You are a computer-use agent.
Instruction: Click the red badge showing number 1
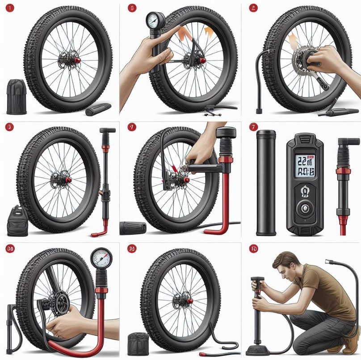tap(10, 8)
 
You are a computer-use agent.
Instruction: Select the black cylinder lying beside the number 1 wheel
tap(98, 109)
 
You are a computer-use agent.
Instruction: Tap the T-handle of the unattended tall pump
tap(107, 131)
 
